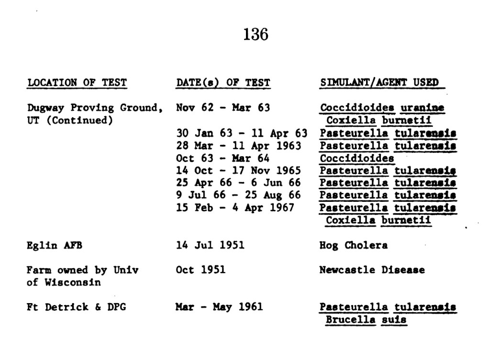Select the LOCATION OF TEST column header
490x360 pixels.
[x=77, y=83]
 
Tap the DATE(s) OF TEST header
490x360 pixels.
[x=223, y=83]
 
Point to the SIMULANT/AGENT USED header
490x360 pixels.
[x=379, y=83]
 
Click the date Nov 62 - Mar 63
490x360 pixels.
[x=223, y=108]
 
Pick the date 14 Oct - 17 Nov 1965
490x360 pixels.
[x=238, y=171]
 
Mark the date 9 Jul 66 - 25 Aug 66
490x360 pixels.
[x=238, y=196]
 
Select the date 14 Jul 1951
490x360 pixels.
[x=210, y=245]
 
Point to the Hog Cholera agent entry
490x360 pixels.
[x=354, y=245]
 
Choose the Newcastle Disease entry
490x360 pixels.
[x=372, y=270]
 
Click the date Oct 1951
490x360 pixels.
[x=200, y=270]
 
